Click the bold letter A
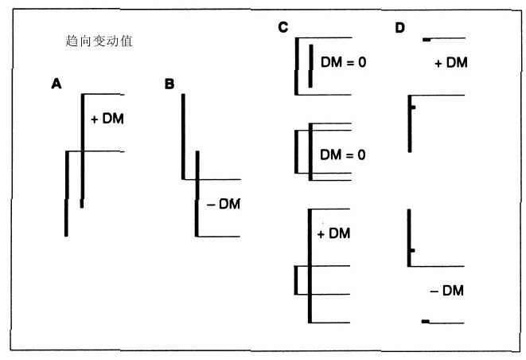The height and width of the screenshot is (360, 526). pos(55,83)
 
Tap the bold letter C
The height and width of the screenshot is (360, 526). pos(282,29)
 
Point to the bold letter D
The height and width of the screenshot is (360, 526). pos(399,29)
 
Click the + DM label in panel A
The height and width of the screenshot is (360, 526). pos(108,119)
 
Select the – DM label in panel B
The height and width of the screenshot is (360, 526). pos(224,205)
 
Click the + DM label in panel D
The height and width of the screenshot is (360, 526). pos(451,63)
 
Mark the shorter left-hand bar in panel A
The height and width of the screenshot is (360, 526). pos(66,193)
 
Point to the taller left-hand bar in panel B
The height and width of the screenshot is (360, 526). pos(183,135)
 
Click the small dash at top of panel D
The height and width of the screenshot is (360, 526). pos(427,38)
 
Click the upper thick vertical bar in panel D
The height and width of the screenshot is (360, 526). pos(409,123)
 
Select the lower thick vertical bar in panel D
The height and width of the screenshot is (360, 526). pos(408,234)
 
